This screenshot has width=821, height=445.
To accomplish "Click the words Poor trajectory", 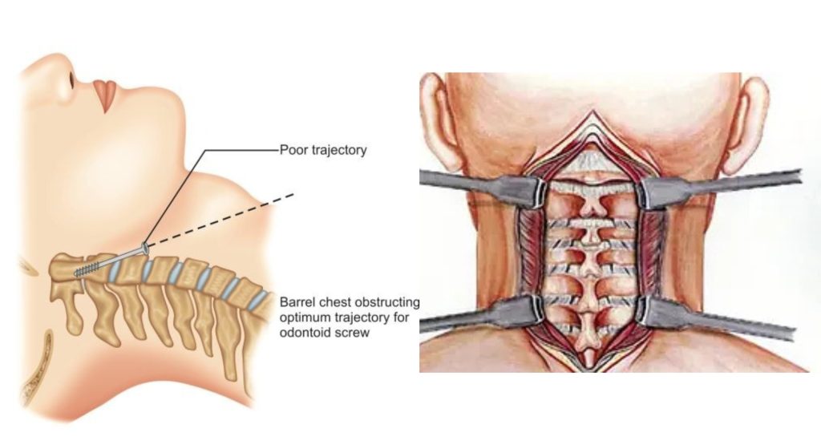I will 323,149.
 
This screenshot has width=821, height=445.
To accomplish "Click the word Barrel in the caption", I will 297,303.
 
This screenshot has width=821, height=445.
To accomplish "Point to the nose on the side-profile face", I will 67,79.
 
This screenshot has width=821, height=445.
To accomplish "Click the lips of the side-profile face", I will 104,95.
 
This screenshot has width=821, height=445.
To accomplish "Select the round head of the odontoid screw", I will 145,248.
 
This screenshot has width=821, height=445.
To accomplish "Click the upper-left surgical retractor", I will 481,187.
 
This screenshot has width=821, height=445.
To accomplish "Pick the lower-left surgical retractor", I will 481,315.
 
